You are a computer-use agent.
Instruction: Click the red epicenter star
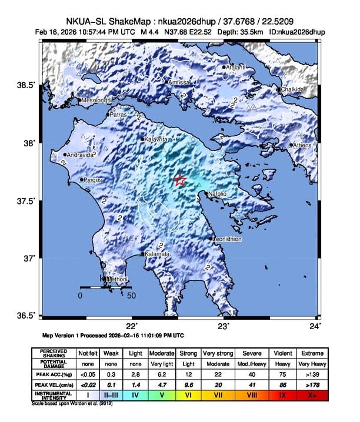tap(181, 180)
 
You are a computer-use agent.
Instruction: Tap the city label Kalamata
tap(157, 254)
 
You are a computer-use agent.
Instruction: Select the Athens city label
tap(302, 145)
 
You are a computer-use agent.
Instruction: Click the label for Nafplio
tap(218, 193)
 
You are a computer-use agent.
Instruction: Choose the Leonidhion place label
tap(228, 239)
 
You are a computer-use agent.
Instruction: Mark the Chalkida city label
tap(292, 89)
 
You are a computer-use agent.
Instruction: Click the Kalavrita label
tap(156, 139)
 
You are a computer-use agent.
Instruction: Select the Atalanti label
tap(238, 68)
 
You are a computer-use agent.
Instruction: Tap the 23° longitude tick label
tap(223, 326)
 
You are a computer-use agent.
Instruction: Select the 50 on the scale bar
tap(132, 296)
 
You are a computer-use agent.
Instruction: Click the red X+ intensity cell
tap(312, 394)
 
